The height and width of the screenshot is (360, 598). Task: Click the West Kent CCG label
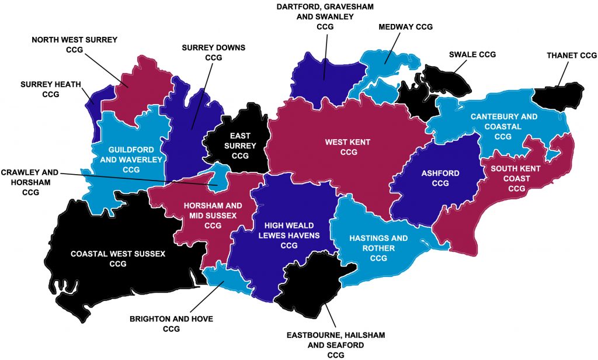click(x=348, y=147)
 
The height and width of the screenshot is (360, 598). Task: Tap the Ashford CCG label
click(x=440, y=178)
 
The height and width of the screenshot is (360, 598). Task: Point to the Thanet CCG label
click(x=572, y=55)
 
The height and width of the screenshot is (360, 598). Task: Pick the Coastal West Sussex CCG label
click(x=118, y=258)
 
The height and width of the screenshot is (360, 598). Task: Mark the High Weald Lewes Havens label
click(x=289, y=235)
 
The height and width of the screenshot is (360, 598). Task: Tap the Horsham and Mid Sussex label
click(x=213, y=215)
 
